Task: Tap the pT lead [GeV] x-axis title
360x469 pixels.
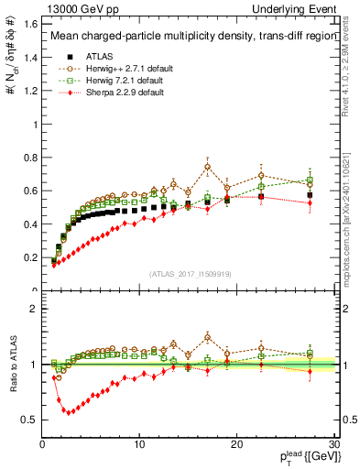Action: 304,456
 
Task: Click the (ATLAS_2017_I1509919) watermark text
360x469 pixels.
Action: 190,273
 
